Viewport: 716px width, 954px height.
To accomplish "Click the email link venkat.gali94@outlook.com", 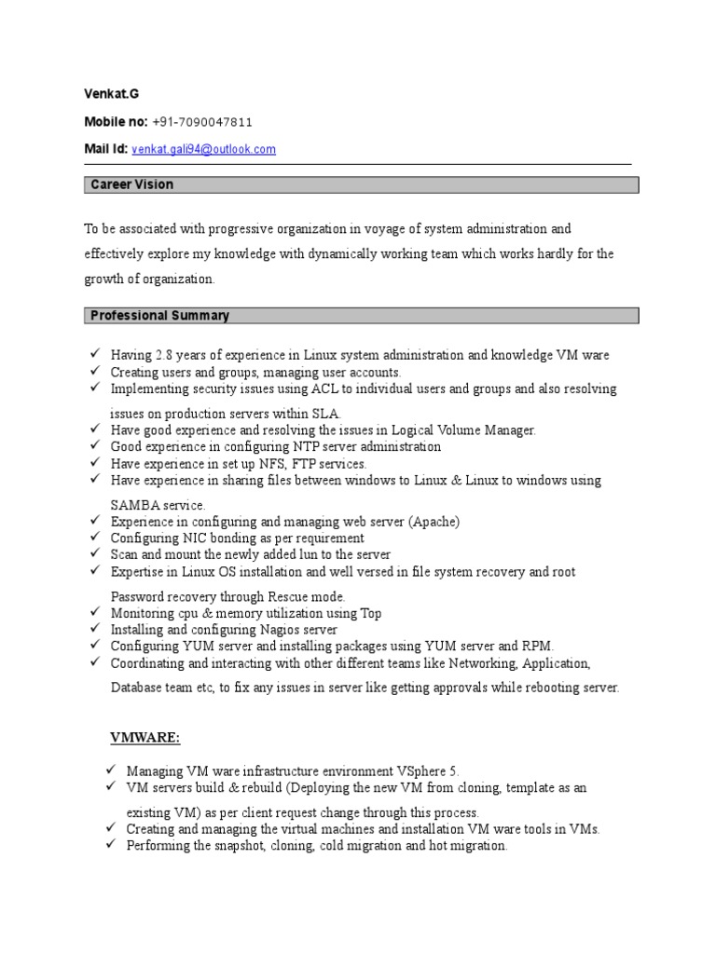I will point(204,149).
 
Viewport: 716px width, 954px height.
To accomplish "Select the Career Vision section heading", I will point(131,184).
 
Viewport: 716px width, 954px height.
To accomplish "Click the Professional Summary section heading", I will point(159,316).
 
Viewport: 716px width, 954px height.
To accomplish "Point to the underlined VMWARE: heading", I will point(145,738).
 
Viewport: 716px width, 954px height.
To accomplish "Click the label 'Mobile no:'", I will point(116,122).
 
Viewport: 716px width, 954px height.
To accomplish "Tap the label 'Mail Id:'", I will point(106,149).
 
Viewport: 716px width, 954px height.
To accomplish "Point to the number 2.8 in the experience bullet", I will point(165,355).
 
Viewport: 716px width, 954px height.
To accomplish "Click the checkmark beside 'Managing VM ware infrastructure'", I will point(110,770).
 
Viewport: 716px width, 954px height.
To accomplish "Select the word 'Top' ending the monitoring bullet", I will point(370,613).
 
